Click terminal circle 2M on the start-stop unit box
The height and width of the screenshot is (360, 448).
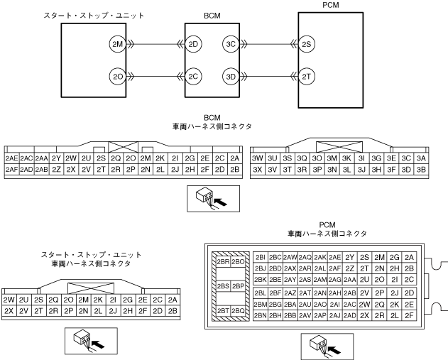coord(118,45)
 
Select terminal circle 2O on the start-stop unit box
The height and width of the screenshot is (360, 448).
coord(118,76)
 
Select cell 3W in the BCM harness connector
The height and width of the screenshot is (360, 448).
coord(258,158)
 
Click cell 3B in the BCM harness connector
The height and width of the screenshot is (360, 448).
coord(421,170)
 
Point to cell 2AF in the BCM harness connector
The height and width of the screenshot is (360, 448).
coord(11,170)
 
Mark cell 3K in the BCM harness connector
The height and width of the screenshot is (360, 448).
coord(347,158)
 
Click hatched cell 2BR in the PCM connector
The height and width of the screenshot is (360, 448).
coord(222,261)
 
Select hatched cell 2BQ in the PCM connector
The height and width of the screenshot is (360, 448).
coord(238,311)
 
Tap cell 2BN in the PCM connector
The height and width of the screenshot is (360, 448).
coord(260,315)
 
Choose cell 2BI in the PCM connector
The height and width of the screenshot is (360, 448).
coord(260,256)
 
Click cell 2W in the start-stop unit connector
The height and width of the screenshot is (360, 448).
coord(9,299)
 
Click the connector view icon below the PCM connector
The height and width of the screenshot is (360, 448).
coord(316,346)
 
